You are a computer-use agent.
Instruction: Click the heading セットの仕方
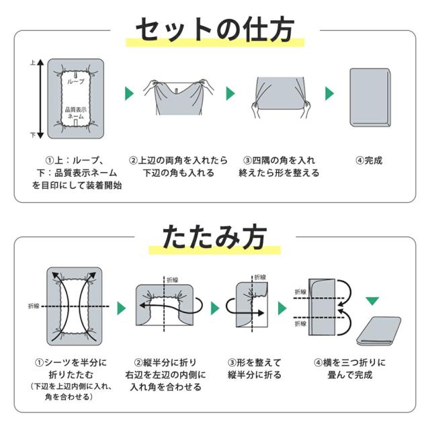pyautogui.click(x=215, y=30)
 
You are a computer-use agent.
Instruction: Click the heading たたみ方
pyautogui.click(x=214, y=236)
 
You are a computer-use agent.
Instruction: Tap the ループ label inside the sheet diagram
pyautogui.click(x=76, y=81)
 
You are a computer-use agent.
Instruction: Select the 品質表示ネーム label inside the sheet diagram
pyautogui.click(x=76, y=113)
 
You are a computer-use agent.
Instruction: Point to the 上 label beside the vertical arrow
pyautogui.click(x=33, y=62)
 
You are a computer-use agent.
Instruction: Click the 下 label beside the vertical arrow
pyautogui.click(x=33, y=135)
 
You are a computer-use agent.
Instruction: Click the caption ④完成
pyautogui.click(x=369, y=161)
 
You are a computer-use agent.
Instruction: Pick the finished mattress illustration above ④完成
pyautogui.click(x=370, y=97)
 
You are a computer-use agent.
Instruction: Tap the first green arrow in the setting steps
pyautogui.click(x=129, y=93)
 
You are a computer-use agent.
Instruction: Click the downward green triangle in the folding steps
pyautogui.click(x=372, y=301)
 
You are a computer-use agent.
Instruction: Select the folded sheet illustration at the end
pyautogui.click(x=378, y=331)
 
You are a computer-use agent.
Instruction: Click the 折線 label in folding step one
pyautogui.click(x=34, y=306)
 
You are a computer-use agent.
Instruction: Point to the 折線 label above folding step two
pyautogui.click(x=173, y=280)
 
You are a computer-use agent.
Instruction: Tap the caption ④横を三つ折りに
pyautogui.click(x=349, y=363)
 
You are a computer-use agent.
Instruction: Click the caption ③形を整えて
pyautogui.click(x=255, y=363)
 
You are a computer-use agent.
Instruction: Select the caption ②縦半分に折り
pyautogui.click(x=165, y=363)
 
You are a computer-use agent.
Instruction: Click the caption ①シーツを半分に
pyautogui.click(x=71, y=363)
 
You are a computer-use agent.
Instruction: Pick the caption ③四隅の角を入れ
pyautogui.click(x=279, y=161)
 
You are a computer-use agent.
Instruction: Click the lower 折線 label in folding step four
pyautogui.click(x=300, y=324)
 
